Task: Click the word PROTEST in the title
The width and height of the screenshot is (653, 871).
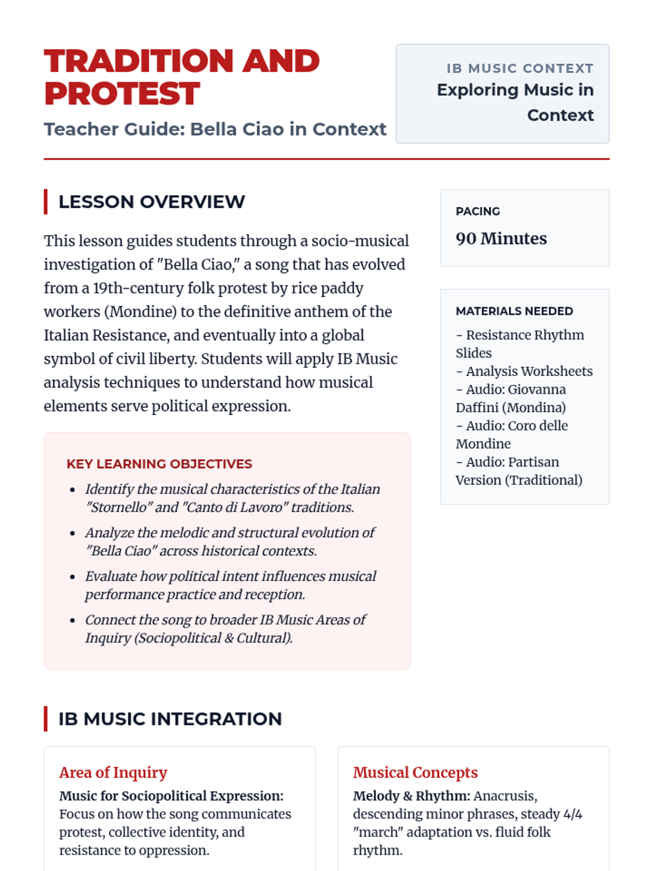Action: tap(122, 94)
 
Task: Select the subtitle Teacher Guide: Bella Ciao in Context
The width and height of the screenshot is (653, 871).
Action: tap(215, 129)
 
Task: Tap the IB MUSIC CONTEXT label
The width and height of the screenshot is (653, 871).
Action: tap(520, 69)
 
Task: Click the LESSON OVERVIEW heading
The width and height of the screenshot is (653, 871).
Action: tap(152, 202)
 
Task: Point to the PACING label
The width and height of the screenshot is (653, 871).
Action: tap(478, 211)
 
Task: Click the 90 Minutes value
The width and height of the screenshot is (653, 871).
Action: tap(501, 238)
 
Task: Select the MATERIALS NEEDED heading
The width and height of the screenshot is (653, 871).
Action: tap(514, 311)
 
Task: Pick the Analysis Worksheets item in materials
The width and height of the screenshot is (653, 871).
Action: tap(529, 371)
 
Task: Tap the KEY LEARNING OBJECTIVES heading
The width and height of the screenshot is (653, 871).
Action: tap(159, 464)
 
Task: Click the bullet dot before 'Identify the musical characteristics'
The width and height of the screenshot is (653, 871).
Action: tap(72, 490)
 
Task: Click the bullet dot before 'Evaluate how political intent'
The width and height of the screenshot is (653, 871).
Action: tap(72, 577)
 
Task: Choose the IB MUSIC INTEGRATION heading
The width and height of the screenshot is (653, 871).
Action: tap(170, 719)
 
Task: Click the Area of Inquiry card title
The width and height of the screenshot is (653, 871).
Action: tap(113, 772)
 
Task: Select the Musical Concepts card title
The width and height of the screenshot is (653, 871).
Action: tap(415, 772)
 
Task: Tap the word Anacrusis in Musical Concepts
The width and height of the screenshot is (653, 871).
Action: tap(505, 796)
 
